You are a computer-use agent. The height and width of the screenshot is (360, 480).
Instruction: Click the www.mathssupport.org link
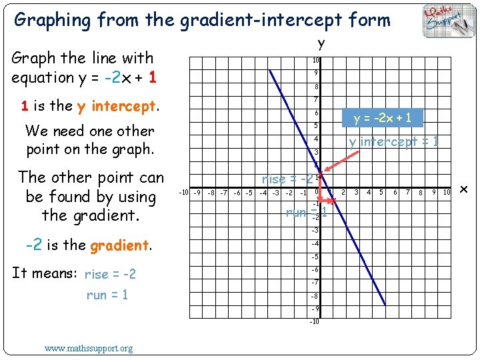89,348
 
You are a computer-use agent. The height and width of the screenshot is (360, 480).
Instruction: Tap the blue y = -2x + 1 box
382,119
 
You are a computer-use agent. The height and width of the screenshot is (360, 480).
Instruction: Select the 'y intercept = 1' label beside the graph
393,142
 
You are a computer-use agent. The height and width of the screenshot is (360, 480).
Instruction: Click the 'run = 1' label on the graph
305,213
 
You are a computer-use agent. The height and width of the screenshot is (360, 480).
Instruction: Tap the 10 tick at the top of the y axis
316,61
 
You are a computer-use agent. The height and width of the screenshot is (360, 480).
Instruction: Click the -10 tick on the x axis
183,193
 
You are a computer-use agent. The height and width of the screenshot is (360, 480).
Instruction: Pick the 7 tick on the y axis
316,99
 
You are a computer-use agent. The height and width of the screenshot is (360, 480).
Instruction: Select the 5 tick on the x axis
381,193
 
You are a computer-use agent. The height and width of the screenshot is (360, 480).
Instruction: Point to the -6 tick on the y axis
315,269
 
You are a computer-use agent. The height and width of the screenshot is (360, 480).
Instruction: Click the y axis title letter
321,44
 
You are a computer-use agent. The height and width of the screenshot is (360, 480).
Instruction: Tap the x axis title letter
465,191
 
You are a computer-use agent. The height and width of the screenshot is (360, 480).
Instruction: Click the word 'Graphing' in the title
53,20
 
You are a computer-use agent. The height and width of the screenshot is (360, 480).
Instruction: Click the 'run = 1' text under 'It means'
107,295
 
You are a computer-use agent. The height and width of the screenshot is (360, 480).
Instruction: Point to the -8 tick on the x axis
211,193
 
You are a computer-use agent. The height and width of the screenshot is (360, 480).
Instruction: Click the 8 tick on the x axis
421,193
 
